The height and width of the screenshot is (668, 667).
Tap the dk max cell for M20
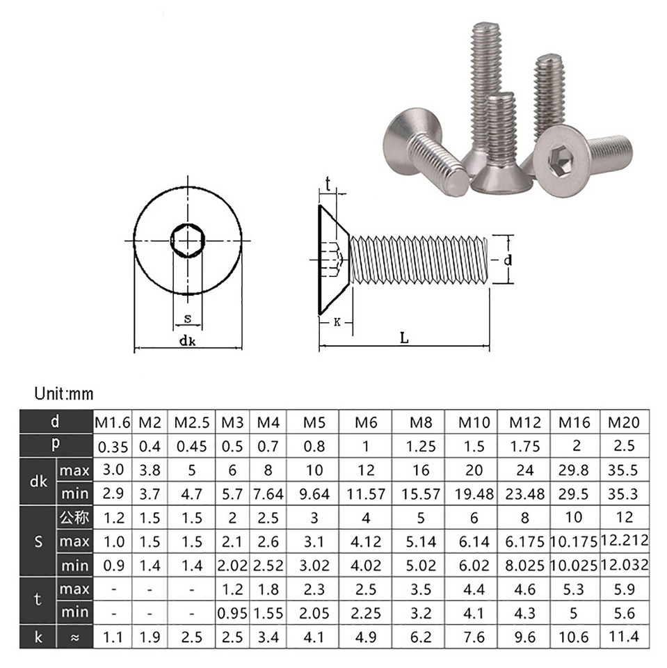coord(624,470)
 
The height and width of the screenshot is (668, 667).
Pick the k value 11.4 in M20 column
coord(624,636)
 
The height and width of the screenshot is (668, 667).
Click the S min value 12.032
coord(624,564)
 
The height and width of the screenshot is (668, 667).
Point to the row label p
coord(54,445)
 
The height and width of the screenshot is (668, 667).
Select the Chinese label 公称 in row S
coord(74,517)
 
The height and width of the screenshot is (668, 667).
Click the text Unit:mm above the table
coord(63,395)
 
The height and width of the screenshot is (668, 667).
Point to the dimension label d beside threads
coord(508,260)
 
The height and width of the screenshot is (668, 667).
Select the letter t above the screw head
coord(328,185)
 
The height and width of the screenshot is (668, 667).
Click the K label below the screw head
coord(337,322)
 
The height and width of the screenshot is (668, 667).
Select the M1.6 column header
coord(112,422)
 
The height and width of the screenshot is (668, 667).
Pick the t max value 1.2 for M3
coord(232,589)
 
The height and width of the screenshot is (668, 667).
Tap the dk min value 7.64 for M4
coord(268,493)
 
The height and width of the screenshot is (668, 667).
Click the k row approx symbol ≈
coord(74,636)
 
